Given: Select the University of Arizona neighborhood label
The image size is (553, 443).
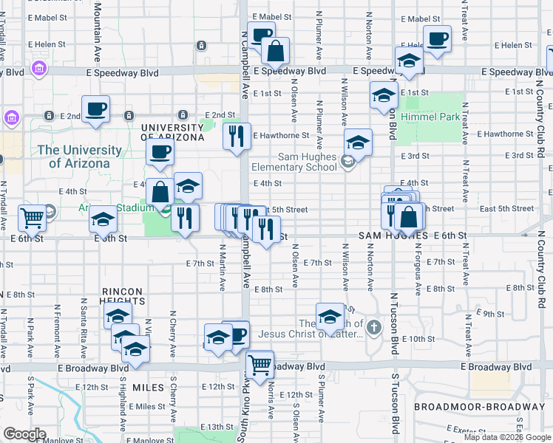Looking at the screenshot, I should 172,132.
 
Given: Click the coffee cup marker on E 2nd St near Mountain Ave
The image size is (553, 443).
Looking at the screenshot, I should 96,109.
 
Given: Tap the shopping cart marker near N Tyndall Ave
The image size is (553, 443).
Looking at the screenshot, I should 33,217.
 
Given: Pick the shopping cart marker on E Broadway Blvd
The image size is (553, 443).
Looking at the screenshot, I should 259,364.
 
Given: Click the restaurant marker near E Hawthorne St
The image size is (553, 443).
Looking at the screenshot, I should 237,136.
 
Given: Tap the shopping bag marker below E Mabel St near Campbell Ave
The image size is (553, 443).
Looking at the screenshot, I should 275,51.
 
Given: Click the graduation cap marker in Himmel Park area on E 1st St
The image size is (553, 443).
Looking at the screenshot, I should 384,95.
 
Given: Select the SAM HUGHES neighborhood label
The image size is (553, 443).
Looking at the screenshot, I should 393,235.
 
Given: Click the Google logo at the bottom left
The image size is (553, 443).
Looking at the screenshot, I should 24,434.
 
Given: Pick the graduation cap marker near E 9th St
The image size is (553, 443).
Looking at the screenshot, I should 329,317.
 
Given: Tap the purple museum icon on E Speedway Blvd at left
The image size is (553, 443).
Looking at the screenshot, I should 39,69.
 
